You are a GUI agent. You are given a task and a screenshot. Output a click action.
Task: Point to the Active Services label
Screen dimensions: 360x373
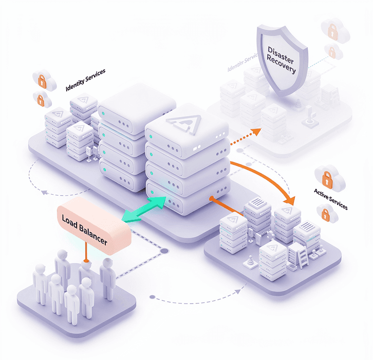coord(330,199)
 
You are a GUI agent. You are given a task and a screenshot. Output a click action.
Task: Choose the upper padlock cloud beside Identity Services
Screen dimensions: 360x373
coord(42,79)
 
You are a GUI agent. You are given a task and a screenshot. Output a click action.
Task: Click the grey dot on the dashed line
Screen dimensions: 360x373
coord(165,251)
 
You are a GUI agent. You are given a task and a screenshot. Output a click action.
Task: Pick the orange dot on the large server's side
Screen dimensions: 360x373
coord(211,198)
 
